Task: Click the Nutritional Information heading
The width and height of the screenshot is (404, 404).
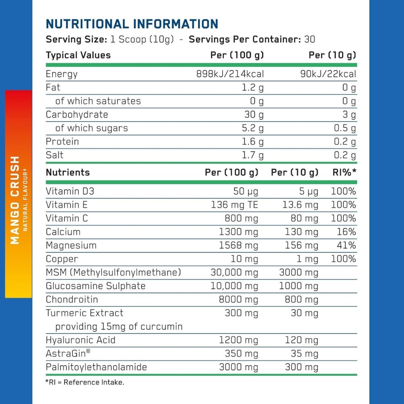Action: [132, 23]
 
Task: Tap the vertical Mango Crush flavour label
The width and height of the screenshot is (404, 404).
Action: [15, 200]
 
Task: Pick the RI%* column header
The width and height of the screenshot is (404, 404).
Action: [344, 173]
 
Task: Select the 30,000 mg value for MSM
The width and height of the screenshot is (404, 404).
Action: [234, 272]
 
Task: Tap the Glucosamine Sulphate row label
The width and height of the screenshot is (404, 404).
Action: [95, 286]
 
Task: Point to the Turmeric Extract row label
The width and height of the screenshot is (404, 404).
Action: [84, 313]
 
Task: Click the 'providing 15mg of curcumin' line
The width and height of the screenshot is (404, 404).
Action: [119, 326]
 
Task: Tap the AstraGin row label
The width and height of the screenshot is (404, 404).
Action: [68, 353]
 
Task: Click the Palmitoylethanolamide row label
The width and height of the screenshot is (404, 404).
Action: [96, 367]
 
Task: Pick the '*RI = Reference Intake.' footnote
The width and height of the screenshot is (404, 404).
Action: [85, 382]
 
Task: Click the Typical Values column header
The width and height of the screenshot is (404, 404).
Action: [78, 55]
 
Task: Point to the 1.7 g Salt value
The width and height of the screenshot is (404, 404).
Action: [254, 155]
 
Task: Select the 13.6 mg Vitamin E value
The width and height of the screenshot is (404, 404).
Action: [300, 205]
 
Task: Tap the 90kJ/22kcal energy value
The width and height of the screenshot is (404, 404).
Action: [328, 74]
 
